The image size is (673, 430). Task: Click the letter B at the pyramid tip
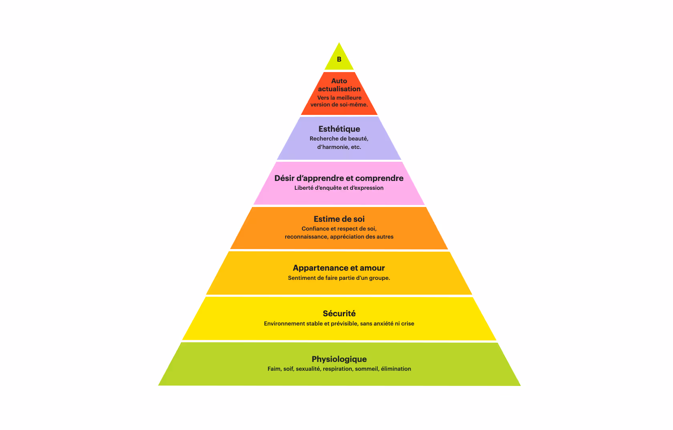click(339, 59)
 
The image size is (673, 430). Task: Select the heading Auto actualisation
click(339, 85)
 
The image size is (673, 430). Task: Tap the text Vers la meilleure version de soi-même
click(339, 101)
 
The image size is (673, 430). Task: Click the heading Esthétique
click(339, 129)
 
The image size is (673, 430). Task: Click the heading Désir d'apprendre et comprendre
click(339, 178)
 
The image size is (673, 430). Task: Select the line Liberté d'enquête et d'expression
click(339, 188)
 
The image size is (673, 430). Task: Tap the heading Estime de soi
click(339, 219)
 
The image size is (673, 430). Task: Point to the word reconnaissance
click(306, 237)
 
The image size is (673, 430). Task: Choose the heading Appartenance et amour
click(339, 268)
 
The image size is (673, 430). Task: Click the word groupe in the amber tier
click(379, 278)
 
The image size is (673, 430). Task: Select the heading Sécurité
click(339, 313)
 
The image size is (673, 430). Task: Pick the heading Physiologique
click(339, 359)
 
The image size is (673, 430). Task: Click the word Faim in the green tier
click(274, 369)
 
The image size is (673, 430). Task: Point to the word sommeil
click(367, 369)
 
